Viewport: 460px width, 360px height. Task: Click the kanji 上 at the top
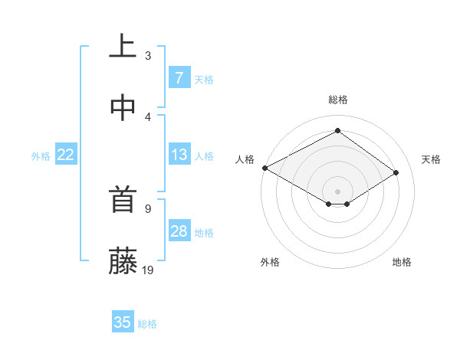123,45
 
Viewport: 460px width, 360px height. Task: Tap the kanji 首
123,201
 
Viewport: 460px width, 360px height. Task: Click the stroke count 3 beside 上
148,55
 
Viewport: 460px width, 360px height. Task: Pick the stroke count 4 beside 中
148,116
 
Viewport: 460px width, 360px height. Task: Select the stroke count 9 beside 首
148,208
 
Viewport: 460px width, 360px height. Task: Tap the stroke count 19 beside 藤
149,270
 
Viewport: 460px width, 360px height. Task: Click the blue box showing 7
179,77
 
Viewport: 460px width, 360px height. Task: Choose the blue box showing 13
179,155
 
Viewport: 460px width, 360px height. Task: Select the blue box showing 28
179,231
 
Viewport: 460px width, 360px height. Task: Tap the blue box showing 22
66,155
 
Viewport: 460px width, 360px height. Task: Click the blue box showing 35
123,322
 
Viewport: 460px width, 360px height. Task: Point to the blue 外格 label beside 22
41,156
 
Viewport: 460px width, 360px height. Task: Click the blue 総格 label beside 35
147,324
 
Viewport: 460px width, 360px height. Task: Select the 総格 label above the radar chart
338,100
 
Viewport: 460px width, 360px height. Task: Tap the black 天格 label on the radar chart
431,159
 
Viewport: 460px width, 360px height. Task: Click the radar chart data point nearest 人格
264,167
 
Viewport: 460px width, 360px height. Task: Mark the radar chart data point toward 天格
396,173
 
